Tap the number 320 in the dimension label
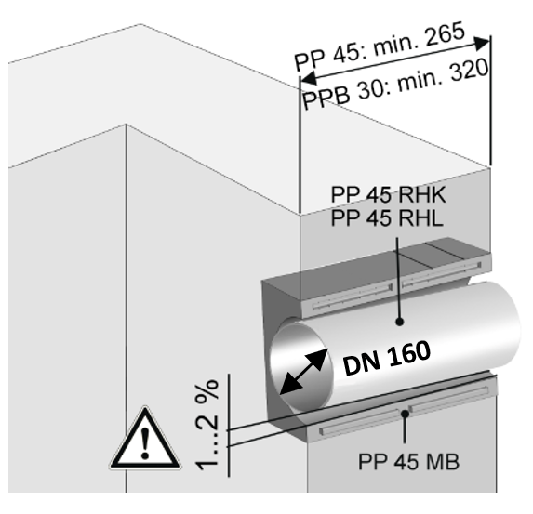pos(470,72)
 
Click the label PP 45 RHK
pos(388,194)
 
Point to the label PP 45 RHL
pos(387,217)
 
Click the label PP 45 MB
pos(409,462)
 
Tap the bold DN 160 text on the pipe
pos(387,359)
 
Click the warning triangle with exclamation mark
pos(145,438)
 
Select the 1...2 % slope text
pos(207,426)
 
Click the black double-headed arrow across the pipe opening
pos(303,372)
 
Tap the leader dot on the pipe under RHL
pos(400,322)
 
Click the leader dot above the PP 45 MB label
pos(405,414)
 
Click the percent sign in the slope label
pos(207,389)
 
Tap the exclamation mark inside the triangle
pos(145,443)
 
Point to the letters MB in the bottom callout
pos(444,462)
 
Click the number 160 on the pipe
pos(408,354)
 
